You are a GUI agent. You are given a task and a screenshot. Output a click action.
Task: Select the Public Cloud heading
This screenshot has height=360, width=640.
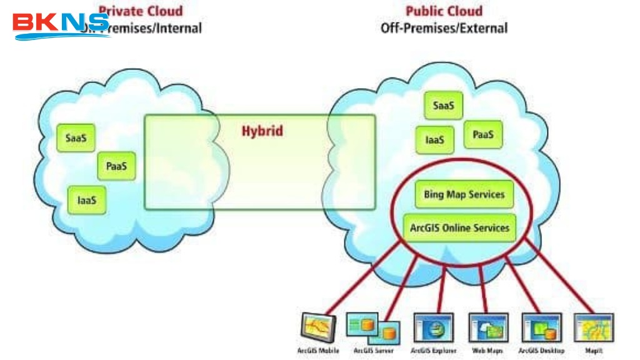coord(444,11)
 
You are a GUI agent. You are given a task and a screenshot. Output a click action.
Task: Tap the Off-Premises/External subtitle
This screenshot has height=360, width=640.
coord(444,28)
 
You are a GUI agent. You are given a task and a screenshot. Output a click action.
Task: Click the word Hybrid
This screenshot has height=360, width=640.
coord(262,131)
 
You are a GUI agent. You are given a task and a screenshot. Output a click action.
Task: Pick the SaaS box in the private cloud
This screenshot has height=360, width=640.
coord(76,138)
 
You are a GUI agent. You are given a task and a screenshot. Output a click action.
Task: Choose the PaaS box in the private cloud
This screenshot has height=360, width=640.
coord(116,167)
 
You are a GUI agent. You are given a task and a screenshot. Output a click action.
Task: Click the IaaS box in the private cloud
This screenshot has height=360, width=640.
coord(87,200)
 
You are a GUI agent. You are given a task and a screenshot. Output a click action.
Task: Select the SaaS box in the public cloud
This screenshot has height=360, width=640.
coord(444,106)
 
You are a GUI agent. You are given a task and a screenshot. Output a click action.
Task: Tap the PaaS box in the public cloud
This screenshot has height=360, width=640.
coord(483,134)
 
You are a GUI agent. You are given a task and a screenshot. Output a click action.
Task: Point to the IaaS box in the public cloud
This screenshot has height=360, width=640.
coord(435,140)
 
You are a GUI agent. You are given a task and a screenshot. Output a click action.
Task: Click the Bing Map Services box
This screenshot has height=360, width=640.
coord(464,194)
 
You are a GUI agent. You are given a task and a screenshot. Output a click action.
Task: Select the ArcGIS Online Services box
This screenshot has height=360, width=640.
coord(459,228)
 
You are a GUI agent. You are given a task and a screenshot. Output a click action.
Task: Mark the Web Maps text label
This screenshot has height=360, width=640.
coord(487,351)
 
